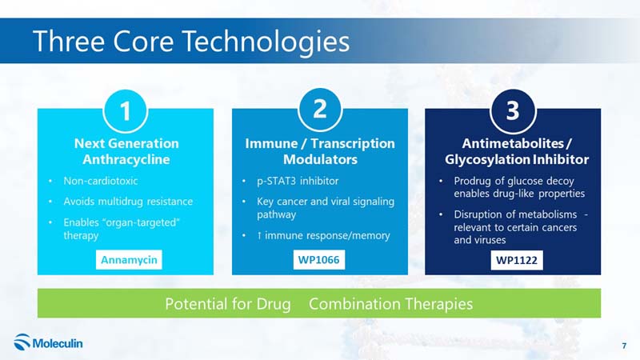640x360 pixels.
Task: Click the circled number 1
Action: point(126,111)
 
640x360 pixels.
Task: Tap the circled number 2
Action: point(320,110)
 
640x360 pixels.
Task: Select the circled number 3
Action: point(513,111)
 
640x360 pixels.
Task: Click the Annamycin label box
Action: point(129,259)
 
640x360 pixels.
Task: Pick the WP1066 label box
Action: point(318,259)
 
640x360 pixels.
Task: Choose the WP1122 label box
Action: point(517,260)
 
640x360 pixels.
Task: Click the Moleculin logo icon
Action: point(22,342)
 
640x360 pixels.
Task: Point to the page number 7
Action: point(624,346)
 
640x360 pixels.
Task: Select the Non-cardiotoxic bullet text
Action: point(101,181)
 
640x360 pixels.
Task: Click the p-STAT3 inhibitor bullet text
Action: point(298,181)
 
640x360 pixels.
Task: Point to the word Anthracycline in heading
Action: point(126,159)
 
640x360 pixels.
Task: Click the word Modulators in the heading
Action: point(321,159)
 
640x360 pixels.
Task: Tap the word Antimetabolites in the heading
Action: point(513,143)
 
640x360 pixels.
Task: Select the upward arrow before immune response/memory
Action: point(259,235)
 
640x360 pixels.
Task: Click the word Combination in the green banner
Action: point(355,304)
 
